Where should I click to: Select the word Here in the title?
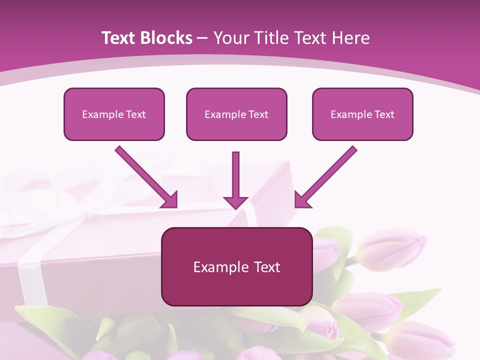pyautogui.click(x=351, y=38)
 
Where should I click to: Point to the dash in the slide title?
pyautogui.click(x=202, y=38)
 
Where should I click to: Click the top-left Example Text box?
pyautogui.click(x=114, y=114)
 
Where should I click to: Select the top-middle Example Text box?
pyautogui.click(x=236, y=114)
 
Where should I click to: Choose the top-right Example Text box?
pyautogui.click(x=362, y=114)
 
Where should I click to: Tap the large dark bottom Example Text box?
pyautogui.click(x=236, y=266)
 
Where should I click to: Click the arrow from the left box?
pyautogui.click(x=145, y=175)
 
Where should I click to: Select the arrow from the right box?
pyautogui.click(x=327, y=175)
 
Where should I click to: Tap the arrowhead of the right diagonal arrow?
pyautogui.click(x=302, y=200)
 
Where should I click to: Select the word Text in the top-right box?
pyautogui.click(x=384, y=114)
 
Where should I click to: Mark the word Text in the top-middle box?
pyautogui.click(x=258, y=114)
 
